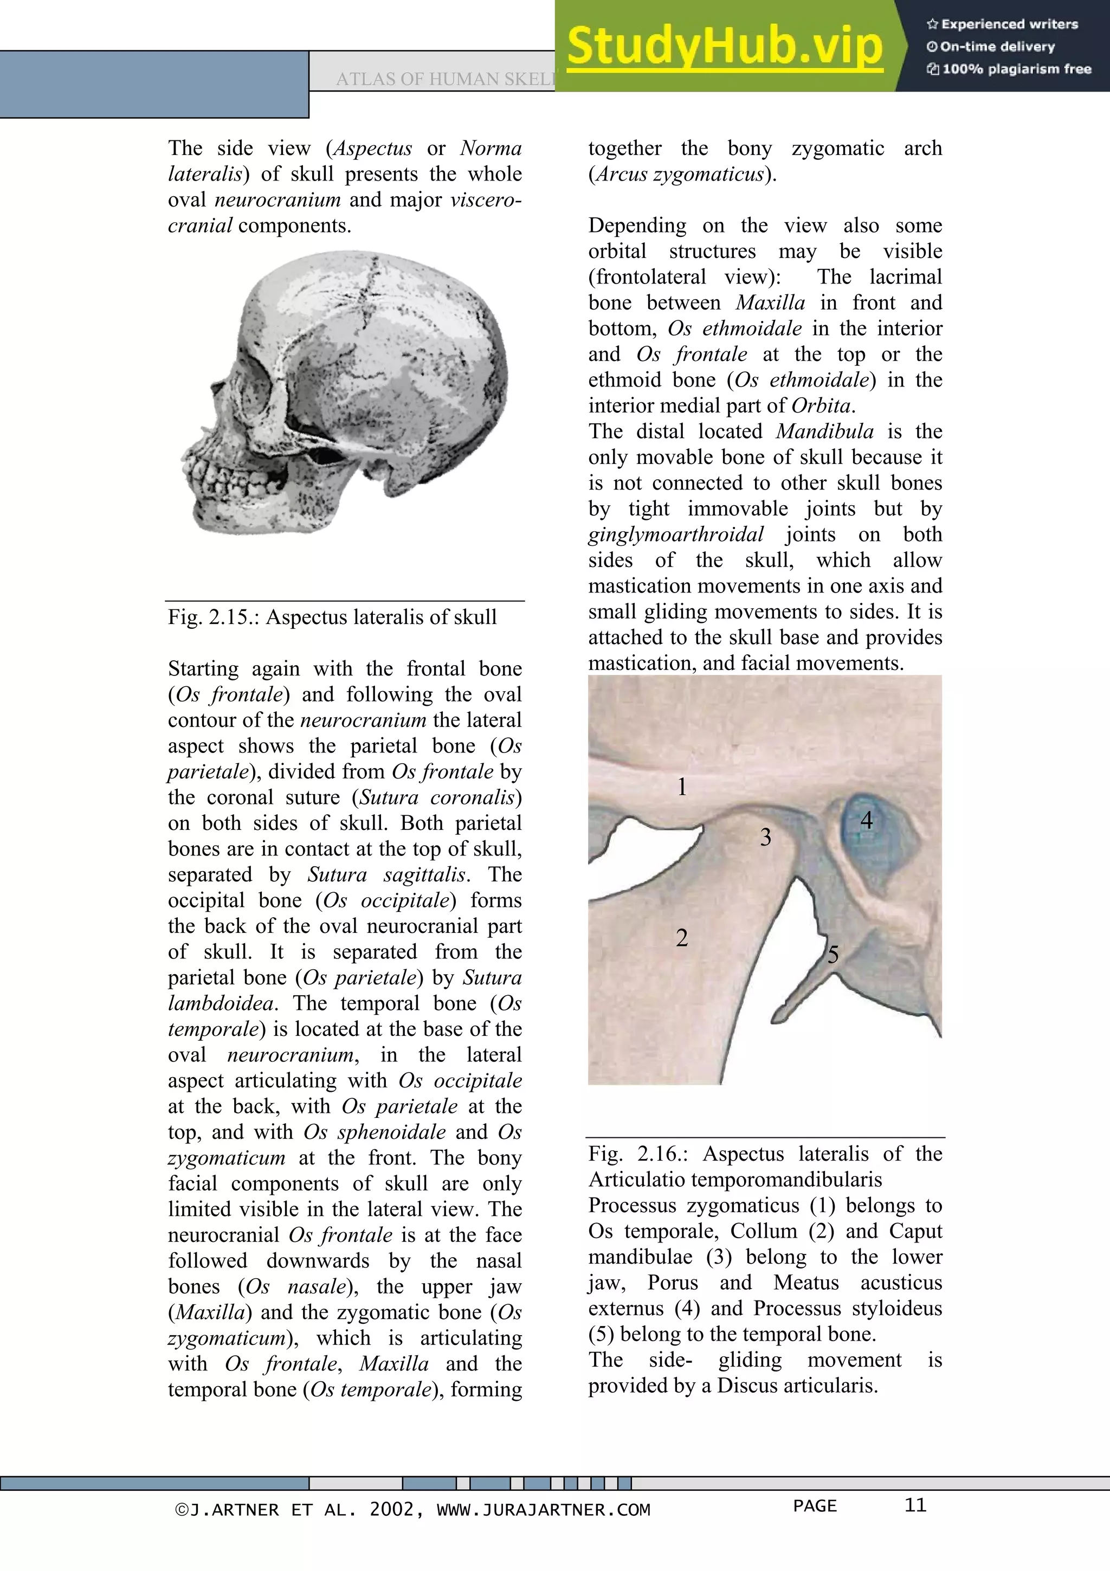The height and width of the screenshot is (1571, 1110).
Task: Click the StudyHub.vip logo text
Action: click(724, 47)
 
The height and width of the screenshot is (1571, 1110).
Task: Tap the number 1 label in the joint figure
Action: click(681, 787)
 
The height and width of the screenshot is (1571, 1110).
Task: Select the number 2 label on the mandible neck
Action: click(681, 937)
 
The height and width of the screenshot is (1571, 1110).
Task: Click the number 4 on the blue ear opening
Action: click(866, 820)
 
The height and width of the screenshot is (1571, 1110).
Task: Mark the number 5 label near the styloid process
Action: click(832, 955)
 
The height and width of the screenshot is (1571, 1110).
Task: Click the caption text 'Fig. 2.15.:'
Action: click(214, 617)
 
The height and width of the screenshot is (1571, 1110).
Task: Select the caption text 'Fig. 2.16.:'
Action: click(640, 1154)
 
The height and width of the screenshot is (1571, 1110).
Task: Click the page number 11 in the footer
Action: click(915, 1505)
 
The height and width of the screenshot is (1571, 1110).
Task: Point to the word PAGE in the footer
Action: click(815, 1505)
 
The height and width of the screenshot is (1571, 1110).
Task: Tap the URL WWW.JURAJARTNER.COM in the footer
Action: click(543, 1509)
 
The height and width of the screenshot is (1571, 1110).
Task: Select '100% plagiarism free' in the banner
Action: click(1016, 68)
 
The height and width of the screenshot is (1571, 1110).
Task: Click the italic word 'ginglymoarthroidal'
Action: click(676, 535)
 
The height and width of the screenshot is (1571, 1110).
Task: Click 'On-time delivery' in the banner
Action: click(997, 47)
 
